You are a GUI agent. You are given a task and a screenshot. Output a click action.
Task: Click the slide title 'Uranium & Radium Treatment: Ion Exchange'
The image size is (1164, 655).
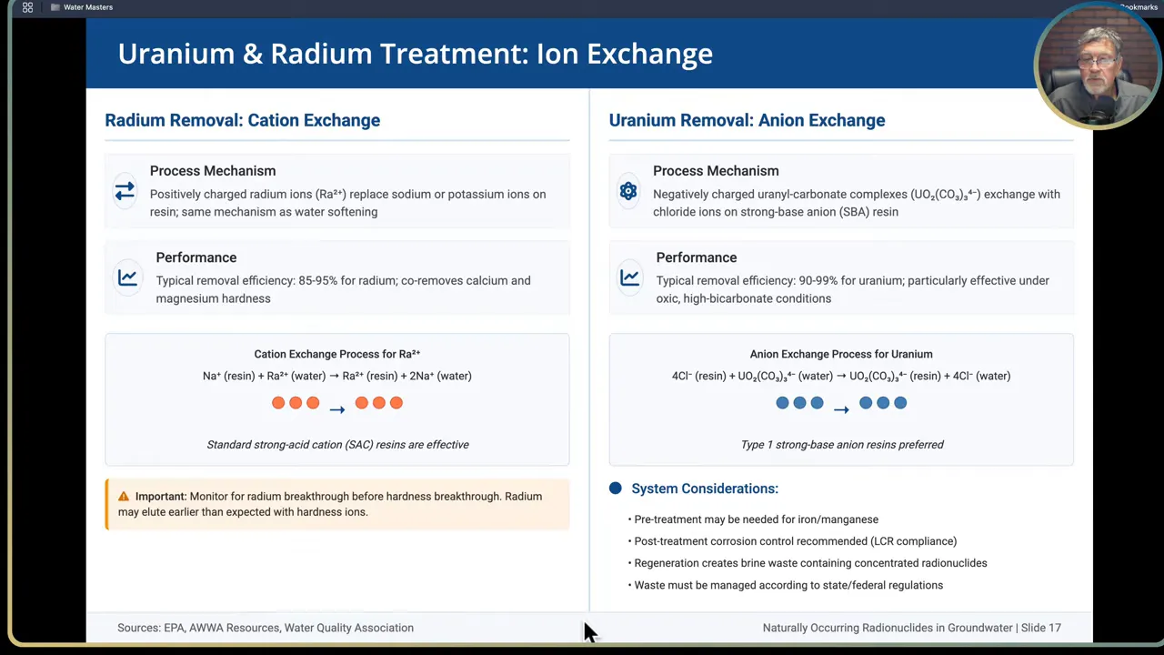415,54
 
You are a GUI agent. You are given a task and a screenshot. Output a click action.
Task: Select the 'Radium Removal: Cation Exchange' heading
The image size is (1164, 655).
242,120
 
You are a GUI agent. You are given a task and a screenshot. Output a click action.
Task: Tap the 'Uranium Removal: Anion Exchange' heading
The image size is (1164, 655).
747,120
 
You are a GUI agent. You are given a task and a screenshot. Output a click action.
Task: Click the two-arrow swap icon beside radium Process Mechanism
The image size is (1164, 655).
125,191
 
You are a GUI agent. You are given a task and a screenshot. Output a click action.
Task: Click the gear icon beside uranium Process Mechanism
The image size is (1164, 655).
628,191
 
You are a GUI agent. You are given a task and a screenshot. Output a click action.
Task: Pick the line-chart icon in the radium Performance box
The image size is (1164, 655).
127,277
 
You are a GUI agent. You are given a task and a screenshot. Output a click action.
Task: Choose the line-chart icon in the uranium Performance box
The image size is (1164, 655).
629,277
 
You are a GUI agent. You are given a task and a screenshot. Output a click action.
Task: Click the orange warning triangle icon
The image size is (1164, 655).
124,497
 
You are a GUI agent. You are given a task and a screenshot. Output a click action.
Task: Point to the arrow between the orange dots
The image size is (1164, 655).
337,409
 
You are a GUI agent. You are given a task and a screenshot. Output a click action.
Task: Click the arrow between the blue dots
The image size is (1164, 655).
841,409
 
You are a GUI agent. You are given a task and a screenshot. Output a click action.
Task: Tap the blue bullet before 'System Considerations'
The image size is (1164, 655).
616,489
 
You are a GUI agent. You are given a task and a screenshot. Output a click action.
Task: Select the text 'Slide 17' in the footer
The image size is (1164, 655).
1040,628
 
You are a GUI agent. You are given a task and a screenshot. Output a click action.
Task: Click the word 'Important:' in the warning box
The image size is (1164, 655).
161,497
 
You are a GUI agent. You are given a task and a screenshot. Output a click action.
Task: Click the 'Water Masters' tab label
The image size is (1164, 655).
88,7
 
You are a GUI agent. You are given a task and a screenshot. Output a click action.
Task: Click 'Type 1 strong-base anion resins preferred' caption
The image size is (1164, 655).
842,445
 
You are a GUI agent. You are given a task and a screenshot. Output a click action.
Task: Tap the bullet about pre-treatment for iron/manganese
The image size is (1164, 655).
756,519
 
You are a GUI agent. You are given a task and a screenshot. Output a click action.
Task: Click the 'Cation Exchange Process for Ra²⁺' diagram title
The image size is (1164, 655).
337,354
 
